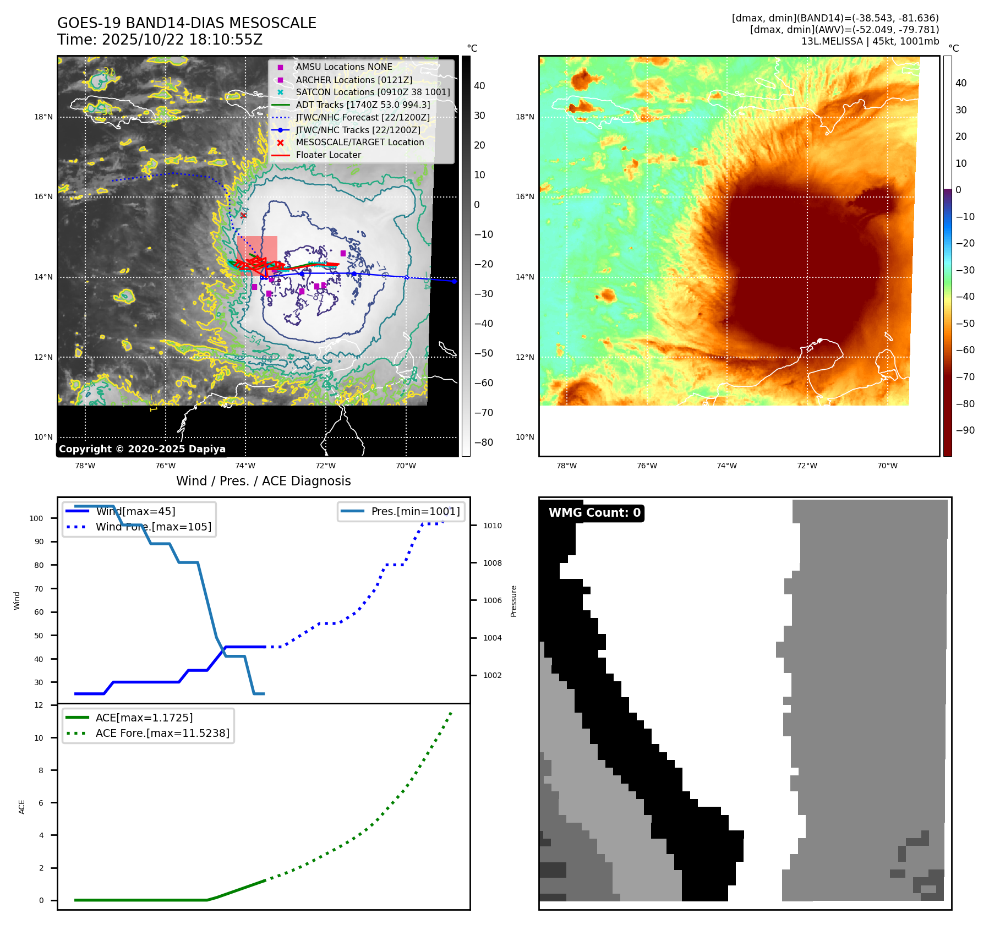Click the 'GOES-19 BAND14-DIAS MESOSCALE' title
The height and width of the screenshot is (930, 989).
187,23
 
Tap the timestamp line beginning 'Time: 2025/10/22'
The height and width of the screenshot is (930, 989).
160,40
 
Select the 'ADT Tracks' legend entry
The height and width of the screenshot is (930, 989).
363,105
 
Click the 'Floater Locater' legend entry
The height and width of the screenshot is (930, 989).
328,155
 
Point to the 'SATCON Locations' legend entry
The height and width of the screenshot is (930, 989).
373,92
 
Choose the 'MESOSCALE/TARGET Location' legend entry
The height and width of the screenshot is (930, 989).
359,143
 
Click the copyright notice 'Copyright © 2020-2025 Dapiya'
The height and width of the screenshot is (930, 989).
142,449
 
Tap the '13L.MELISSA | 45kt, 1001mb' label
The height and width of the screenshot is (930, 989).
870,41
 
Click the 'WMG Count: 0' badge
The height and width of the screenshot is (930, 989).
594,513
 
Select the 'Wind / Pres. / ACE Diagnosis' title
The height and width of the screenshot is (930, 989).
263,481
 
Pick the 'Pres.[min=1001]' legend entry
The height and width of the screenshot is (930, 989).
415,511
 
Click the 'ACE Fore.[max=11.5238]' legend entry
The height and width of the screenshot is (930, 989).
162,733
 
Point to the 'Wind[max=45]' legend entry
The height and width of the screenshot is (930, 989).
135,511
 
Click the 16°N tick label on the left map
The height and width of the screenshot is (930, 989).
43,197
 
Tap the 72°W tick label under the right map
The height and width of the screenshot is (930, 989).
807,466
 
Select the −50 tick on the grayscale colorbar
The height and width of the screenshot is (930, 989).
484,353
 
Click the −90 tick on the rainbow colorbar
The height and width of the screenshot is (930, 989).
965,430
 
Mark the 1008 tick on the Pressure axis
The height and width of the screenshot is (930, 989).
492,563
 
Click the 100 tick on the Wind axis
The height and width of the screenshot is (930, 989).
36,518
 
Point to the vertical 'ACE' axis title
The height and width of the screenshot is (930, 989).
22,807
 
